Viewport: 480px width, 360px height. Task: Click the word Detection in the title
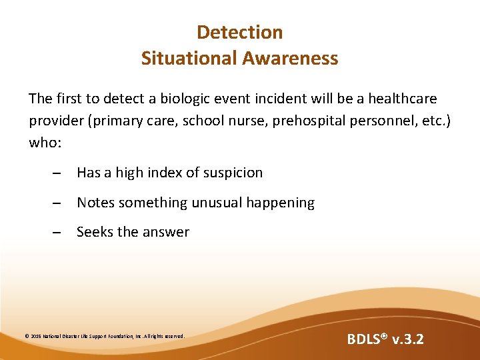pyautogui.click(x=240, y=32)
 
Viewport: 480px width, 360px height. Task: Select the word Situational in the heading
pyautogui.click(x=189, y=58)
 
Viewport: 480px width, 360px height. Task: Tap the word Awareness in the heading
pyautogui.click(x=290, y=58)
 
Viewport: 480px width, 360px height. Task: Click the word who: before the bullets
pyautogui.click(x=45, y=143)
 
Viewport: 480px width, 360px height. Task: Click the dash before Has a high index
pyautogui.click(x=57, y=173)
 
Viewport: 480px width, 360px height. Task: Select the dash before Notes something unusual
pyautogui.click(x=57, y=203)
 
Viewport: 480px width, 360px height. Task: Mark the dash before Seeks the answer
pyautogui.click(x=57, y=233)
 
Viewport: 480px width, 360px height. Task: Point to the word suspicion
pyautogui.click(x=233, y=173)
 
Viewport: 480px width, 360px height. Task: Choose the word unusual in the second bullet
pyautogui.click(x=219, y=203)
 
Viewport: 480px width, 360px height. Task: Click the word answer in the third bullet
pyautogui.click(x=166, y=233)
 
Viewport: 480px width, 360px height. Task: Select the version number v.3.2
pyautogui.click(x=408, y=339)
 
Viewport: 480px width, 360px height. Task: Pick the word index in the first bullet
pyautogui.click(x=164, y=173)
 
